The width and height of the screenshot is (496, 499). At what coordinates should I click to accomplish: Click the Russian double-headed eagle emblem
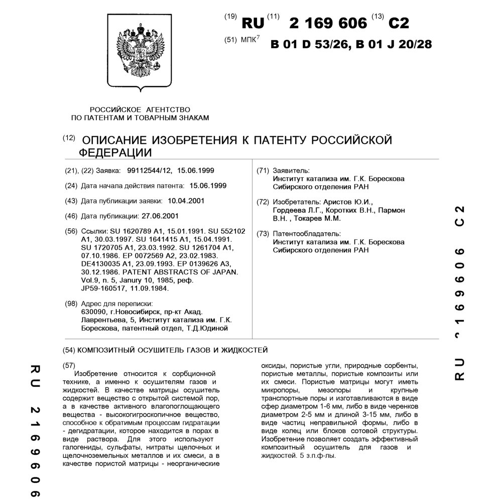coord(140,52)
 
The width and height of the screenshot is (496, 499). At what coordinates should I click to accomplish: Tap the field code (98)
coord(71,304)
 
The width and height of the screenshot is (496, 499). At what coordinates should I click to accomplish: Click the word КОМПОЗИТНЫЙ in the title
coord(111,349)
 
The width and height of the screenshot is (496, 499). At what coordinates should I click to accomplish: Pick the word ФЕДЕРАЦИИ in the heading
coord(115,152)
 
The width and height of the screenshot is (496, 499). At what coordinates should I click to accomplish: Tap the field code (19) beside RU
coord(230,17)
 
